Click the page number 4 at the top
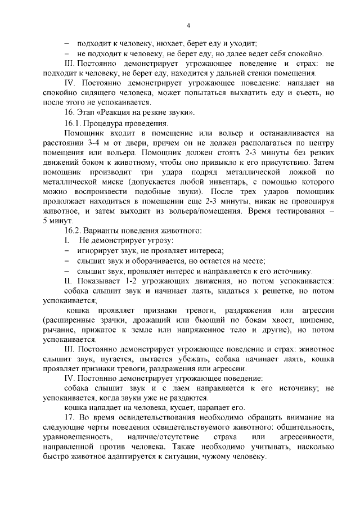(188, 25)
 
